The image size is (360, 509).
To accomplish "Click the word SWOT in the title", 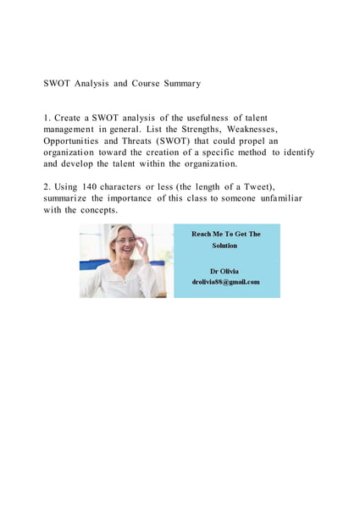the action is pyautogui.click(x=56, y=84).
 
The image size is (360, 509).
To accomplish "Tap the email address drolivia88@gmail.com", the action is pyautogui.click(x=225, y=281).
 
